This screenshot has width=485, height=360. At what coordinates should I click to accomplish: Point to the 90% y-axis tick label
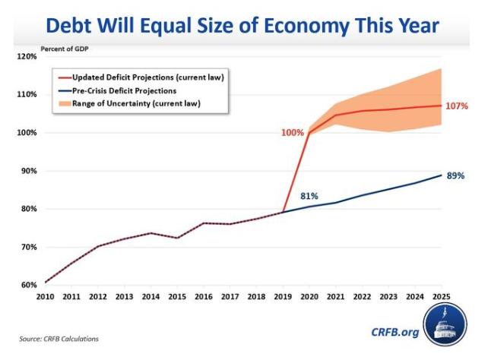click(x=28, y=171)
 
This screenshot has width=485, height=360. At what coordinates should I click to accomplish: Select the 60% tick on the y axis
click(x=28, y=285)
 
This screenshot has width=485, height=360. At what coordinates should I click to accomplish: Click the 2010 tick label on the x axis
click(x=46, y=297)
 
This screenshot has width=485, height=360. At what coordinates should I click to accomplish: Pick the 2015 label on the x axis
click(x=176, y=297)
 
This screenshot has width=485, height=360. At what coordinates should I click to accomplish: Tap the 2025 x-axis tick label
click(x=442, y=297)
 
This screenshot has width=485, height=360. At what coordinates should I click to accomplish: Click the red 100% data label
click(x=292, y=133)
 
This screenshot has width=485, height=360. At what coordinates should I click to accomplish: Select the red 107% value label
click(x=456, y=106)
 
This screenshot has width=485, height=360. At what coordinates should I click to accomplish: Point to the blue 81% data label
click(x=309, y=195)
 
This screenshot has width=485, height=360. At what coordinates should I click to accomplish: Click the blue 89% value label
click(x=456, y=176)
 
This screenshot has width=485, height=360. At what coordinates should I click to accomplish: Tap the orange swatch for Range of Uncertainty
click(x=62, y=102)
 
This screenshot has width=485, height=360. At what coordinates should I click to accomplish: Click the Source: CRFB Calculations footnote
click(x=59, y=339)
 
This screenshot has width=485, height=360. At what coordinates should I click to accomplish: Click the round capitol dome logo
click(x=445, y=327)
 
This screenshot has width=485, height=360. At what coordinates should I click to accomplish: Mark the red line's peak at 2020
click(x=309, y=133)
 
